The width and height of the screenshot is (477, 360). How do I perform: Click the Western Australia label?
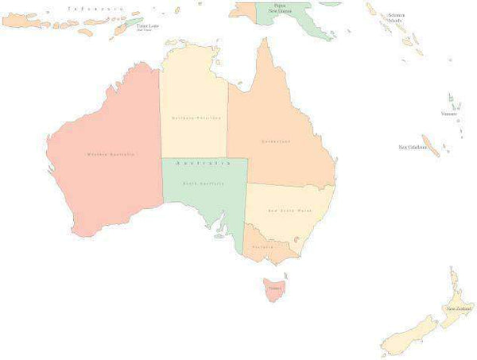coord(111,153)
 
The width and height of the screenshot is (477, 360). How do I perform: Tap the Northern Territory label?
coord(195,118)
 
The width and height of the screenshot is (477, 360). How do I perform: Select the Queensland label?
coord(276,141)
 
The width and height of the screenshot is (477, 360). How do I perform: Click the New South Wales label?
coord(289,210)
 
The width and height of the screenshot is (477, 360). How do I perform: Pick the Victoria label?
coord(263,247)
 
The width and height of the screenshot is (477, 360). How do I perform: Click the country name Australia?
coord(203,163)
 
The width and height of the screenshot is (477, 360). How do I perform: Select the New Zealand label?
coord(460,308)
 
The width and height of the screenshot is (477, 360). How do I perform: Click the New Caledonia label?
coord(413,147)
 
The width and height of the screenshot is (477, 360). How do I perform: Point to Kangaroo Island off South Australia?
coord(216,235)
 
